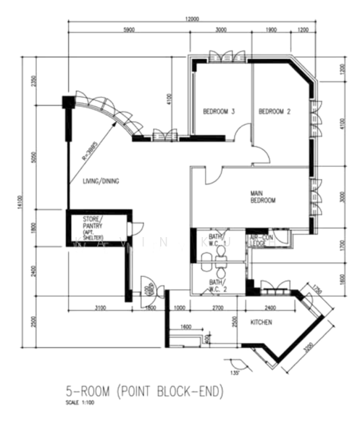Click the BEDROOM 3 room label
tap(218, 112)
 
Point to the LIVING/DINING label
tap(101, 181)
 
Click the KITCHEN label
tap(261, 322)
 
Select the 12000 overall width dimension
tap(191, 19)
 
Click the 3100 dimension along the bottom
tap(100, 308)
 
